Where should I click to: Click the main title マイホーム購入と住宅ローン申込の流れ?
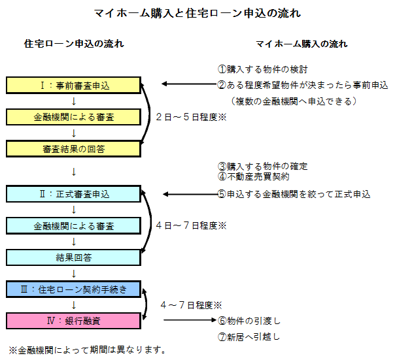[x=198, y=12]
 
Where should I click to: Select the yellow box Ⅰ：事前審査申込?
[x=74, y=85]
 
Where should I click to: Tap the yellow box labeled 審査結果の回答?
[x=74, y=149]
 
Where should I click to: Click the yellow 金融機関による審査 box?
[x=74, y=117]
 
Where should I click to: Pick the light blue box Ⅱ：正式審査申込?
[x=74, y=194]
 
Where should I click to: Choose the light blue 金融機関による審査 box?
[x=74, y=226]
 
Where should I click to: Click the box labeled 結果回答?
[x=74, y=257]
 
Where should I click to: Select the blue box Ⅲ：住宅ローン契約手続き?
[x=74, y=289]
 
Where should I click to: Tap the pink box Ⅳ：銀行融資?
[x=74, y=321]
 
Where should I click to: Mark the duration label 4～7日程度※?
[x=191, y=305]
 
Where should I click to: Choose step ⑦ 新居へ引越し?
[x=249, y=337]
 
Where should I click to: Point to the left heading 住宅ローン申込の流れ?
[x=74, y=44]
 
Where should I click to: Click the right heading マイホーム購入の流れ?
[x=301, y=44]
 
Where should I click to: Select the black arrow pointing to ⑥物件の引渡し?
[x=189, y=320]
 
